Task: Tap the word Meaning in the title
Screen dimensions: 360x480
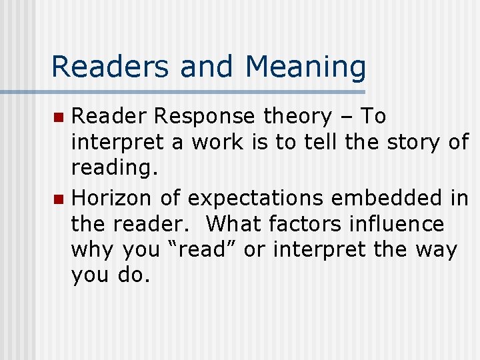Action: click(306, 67)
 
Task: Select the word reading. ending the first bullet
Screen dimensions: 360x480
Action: click(115, 169)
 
